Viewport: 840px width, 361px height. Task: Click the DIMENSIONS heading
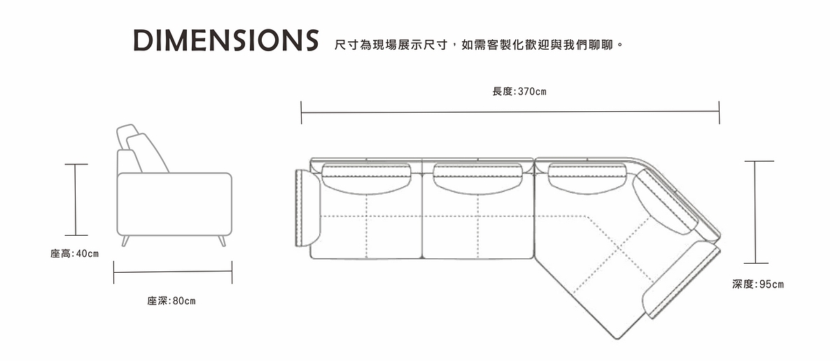(225, 41)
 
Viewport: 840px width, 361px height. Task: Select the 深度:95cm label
(758, 284)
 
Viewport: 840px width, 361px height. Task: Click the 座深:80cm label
(171, 301)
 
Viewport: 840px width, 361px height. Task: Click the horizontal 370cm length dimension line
(510, 111)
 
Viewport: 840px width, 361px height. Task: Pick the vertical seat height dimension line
(76, 199)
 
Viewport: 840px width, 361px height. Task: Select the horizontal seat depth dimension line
(172, 272)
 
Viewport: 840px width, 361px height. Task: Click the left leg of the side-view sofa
(125, 241)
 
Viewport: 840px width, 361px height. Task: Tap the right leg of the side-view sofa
(222, 241)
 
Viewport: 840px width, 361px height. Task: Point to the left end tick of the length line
(301, 112)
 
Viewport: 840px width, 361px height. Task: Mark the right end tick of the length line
(719, 112)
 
